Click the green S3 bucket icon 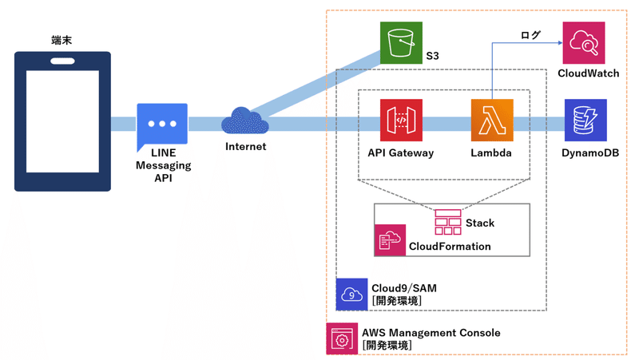pyautogui.click(x=401, y=42)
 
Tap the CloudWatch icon pyautogui.click(x=584, y=42)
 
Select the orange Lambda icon pyautogui.click(x=492, y=120)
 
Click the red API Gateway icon pyautogui.click(x=401, y=120)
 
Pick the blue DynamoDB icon pyautogui.click(x=585, y=120)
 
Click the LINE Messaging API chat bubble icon pyautogui.click(x=162, y=125)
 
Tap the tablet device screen pyautogui.click(x=62, y=121)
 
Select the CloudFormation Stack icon pyautogui.click(x=448, y=221)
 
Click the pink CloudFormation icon pyautogui.click(x=390, y=239)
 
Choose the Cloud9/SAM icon pyautogui.click(x=351, y=294)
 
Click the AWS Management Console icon pyautogui.click(x=342, y=338)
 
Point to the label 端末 pyautogui.click(x=62, y=40)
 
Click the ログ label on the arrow pyautogui.click(x=530, y=35)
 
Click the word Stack pyautogui.click(x=480, y=223)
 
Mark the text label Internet pyautogui.click(x=246, y=147)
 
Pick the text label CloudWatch pyautogui.click(x=589, y=73)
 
